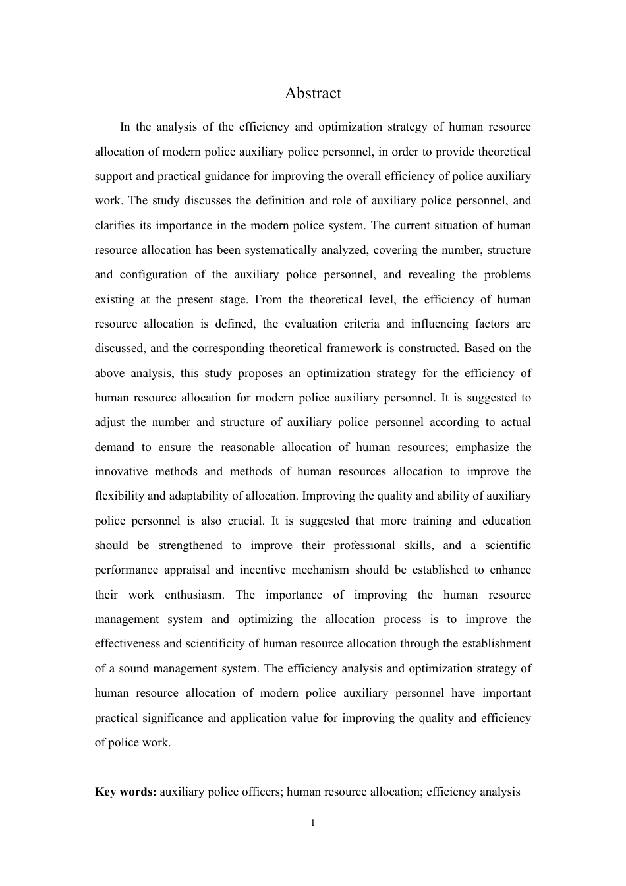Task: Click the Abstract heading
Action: [313, 93]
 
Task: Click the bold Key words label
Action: [125, 792]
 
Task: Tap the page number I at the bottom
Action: [313, 823]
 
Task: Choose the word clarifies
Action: [115, 225]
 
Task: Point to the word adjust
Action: [109, 422]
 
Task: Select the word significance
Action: [168, 718]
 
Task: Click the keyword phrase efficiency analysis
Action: [473, 792]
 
